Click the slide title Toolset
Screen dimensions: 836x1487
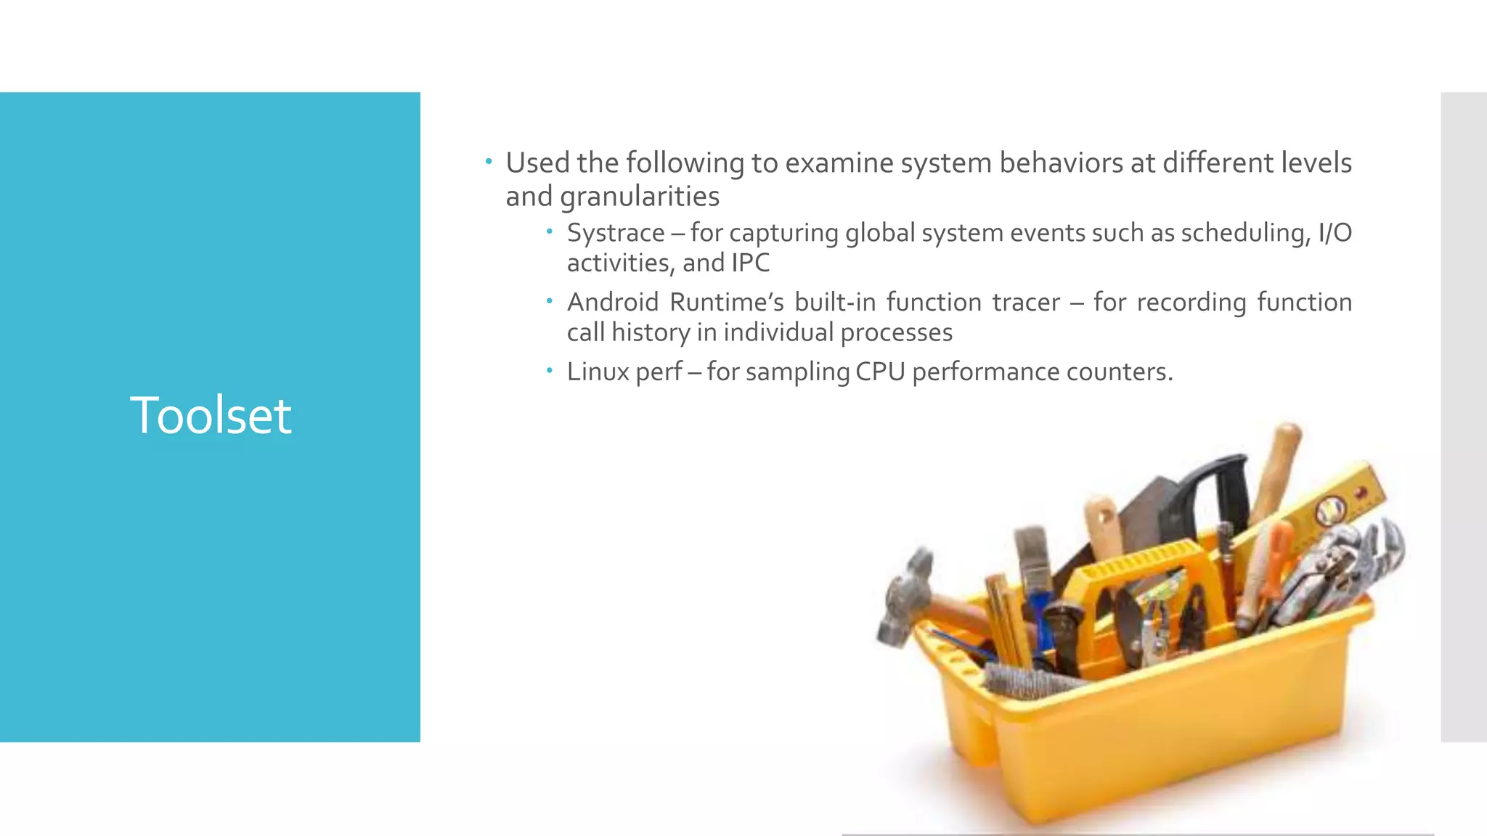pyautogui.click(x=211, y=415)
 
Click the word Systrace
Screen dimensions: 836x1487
pyautogui.click(x=615, y=233)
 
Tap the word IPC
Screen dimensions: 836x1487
pyautogui.click(x=751, y=263)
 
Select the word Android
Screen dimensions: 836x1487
pyautogui.click(x=612, y=302)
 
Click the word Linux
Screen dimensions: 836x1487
pyautogui.click(x=598, y=372)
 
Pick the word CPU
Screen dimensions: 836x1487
pyautogui.click(x=880, y=372)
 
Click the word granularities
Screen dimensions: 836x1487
pyautogui.click(x=639, y=197)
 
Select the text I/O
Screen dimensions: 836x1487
pyautogui.click(x=1335, y=233)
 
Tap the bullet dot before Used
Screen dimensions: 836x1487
pyautogui.click(x=489, y=161)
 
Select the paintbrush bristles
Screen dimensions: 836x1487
pyautogui.click(x=1032, y=547)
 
